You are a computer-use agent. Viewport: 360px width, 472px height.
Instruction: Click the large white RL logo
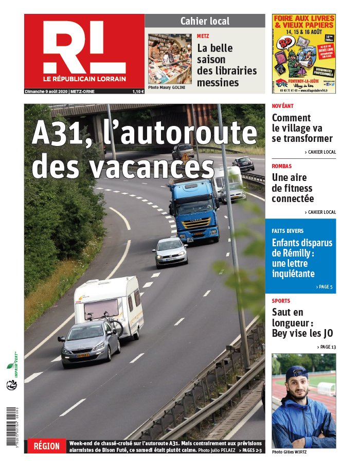click(x=84, y=48)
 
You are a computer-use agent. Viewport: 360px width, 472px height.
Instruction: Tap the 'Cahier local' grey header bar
click(x=205, y=21)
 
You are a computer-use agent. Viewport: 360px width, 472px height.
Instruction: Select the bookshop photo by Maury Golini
click(x=170, y=59)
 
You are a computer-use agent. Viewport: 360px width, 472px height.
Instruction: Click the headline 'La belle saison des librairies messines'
click(x=226, y=65)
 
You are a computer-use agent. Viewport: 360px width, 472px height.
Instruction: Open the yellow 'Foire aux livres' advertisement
click(x=303, y=53)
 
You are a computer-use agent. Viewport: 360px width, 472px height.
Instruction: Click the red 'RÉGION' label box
click(x=47, y=446)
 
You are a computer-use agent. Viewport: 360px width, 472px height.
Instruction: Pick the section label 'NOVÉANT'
click(x=283, y=106)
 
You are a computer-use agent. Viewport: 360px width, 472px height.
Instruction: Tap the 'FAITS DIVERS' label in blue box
click(x=287, y=231)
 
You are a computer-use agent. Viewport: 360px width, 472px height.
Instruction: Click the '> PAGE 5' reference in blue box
click(x=324, y=286)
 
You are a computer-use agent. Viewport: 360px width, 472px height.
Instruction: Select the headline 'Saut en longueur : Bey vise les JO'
click(x=302, y=322)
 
